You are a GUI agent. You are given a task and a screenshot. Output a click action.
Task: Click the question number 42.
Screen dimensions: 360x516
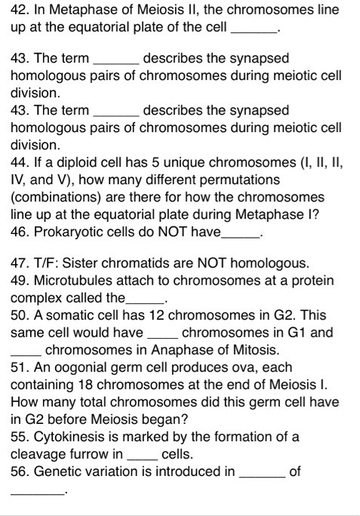pos(20,10)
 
